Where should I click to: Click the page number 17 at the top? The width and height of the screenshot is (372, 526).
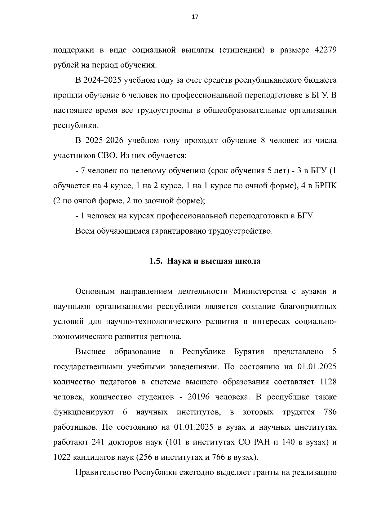pyautogui.click(x=195, y=17)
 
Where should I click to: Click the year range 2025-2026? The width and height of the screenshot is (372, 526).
pyautogui.click(x=104, y=141)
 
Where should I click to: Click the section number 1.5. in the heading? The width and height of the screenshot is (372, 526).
pyautogui.click(x=156, y=261)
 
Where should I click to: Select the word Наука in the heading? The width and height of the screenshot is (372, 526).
pyautogui.click(x=178, y=261)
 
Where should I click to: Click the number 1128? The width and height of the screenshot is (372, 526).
pyautogui.click(x=328, y=382)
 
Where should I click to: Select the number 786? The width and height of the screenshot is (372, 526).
pyautogui.click(x=330, y=412)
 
